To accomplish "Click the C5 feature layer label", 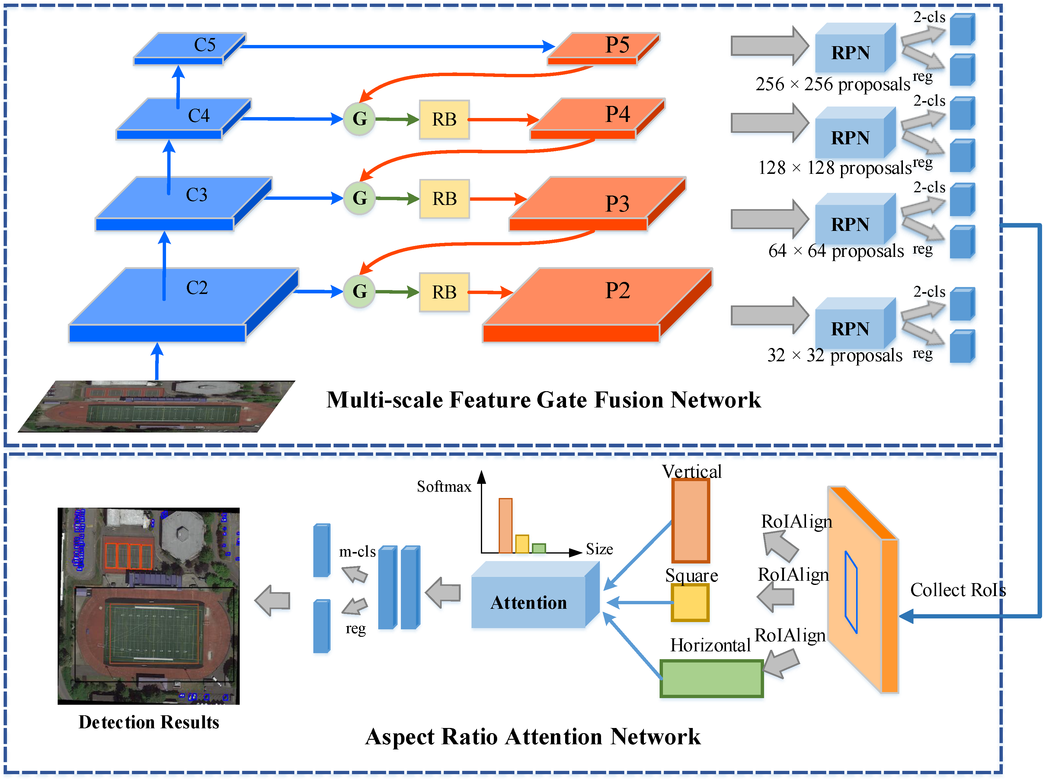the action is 205,45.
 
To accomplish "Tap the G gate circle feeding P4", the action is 359,119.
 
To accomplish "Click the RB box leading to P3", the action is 444,199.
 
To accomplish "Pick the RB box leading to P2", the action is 444,292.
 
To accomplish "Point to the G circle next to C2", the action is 359,292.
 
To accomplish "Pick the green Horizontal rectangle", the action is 712,678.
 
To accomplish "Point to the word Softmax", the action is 444,486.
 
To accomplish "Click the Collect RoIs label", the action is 958,590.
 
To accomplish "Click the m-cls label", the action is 357,551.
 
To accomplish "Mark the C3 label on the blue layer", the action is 197,195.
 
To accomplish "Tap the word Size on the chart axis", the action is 600,549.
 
